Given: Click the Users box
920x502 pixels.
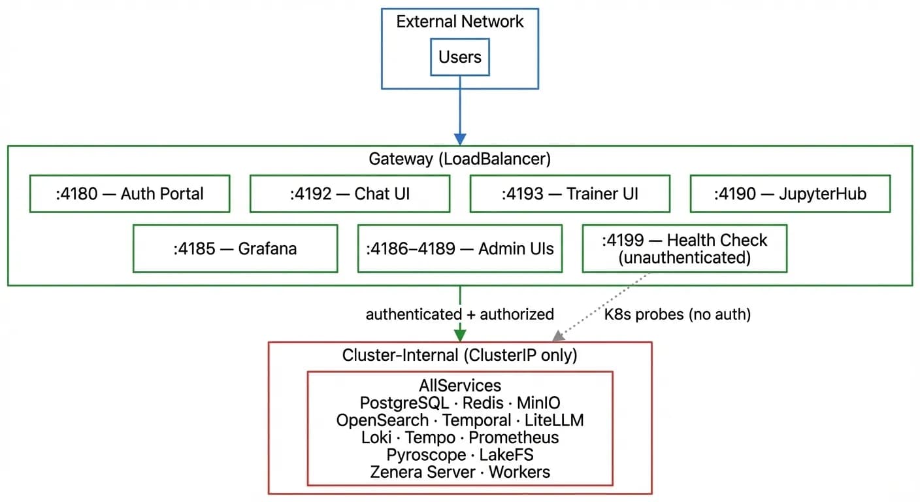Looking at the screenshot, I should click(x=459, y=58).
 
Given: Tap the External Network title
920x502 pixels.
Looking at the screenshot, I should click(x=459, y=22).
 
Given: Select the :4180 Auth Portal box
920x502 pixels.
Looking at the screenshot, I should click(x=129, y=193).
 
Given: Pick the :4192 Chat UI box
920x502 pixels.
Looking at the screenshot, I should click(x=350, y=193).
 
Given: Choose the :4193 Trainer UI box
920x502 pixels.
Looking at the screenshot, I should click(x=570, y=193).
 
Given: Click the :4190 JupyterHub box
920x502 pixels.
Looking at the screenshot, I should click(x=790, y=193).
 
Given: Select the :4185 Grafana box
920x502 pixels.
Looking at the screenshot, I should click(x=235, y=248).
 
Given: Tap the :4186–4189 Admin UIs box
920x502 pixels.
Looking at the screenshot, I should click(x=459, y=248).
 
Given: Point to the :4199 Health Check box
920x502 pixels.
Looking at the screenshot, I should click(x=684, y=248).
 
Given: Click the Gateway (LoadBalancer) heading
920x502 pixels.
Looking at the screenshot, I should click(x=459, y=159).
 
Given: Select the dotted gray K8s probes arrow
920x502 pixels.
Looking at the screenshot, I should click(x=601, y=306).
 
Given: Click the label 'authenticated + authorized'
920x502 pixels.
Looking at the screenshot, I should click(x=459, y=314).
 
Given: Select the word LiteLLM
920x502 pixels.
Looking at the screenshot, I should click(x=554, y=420).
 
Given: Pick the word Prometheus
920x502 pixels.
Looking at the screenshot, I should click(x=514, y=437).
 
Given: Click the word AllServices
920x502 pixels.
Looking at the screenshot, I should click(x=459, y=385).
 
